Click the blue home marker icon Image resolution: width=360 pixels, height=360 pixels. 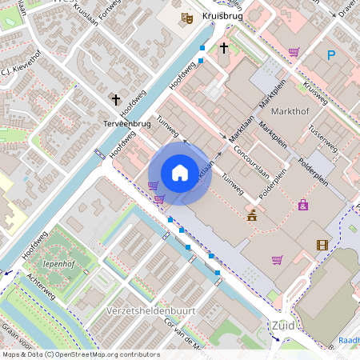(x=180, y=173)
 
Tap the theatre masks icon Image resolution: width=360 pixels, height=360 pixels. (x=187, y=18)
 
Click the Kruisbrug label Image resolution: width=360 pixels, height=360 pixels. (x=222, y=16)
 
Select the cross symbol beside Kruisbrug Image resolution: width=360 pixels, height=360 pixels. (x=224, y=49)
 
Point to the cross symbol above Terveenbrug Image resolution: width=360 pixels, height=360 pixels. (x=116, y=100)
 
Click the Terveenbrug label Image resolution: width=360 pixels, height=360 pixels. (x=127, y=124)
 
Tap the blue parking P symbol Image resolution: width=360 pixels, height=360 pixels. (x=331, y=55)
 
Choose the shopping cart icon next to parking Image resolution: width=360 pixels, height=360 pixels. (x=294, y=53)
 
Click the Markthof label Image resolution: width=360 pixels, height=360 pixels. (x=290, y=109)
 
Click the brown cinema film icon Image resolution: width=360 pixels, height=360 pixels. (x=322, y=246)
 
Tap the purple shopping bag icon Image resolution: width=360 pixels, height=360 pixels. (x=302, y=206)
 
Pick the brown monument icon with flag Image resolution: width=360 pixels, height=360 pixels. (x=252, y=214)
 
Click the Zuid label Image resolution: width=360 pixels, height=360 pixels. (x=282, y=326)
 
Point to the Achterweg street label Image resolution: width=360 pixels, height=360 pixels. (x=45, y=289)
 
